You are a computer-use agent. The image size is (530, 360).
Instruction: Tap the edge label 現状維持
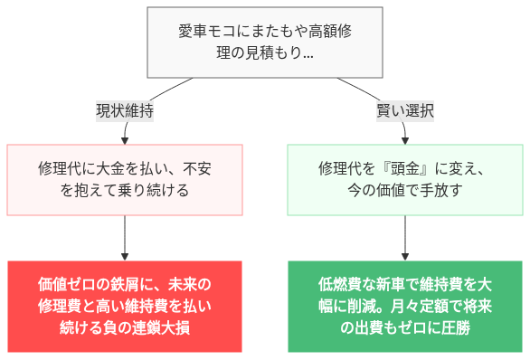pos(125,111)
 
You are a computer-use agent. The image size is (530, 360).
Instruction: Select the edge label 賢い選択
pos(405,111)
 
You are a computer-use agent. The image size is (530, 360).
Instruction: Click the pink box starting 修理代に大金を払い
pos(125,179)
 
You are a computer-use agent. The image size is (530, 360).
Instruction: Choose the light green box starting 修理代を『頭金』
pos(404,179)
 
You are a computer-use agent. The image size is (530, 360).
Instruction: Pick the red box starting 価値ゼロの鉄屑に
pos(125,306)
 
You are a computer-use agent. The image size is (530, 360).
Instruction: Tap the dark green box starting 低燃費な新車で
pos(404,306)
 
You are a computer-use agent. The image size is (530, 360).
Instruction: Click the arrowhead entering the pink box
pos(125,140)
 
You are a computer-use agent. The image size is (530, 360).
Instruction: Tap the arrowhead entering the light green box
pos(404,140)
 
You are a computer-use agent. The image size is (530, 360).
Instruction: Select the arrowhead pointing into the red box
pos(125,256)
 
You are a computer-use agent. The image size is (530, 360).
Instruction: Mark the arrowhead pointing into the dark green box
pos(404,256)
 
